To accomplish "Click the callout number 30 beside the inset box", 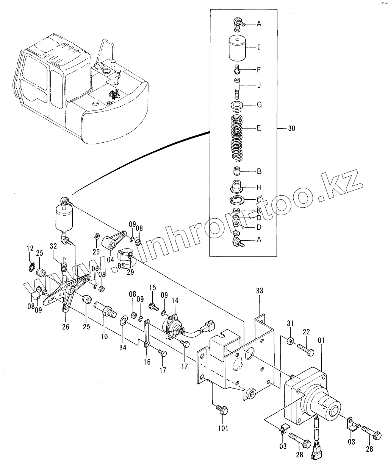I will click(291, 129).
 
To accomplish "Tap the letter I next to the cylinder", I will click(259, 48).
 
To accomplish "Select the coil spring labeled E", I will click(237, 137).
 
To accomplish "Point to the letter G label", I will click(259, 105).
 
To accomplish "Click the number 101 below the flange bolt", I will click(223, 429).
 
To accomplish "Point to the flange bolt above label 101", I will click(221, 409).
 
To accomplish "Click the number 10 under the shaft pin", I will click(105, 336).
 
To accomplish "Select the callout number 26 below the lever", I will click(66, 326).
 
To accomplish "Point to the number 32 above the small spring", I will click(53, 246).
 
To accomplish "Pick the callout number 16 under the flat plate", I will click(147, 362).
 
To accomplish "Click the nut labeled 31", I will click(290, 341).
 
